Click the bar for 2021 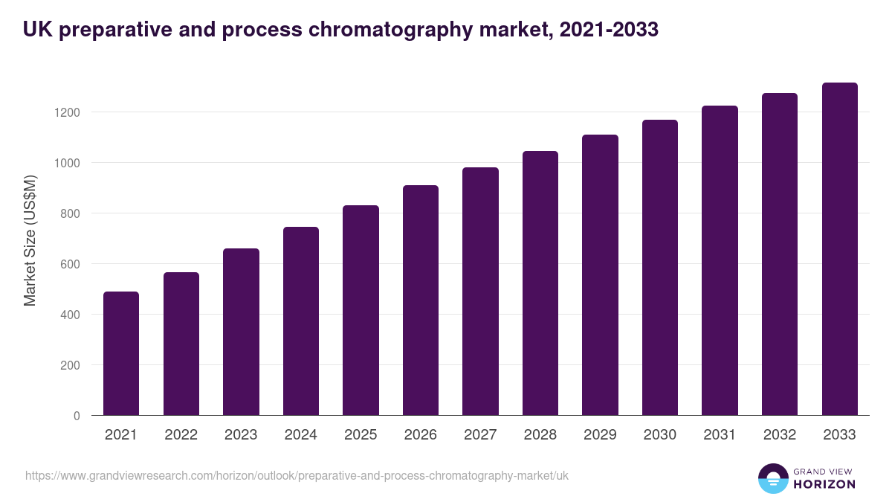121,353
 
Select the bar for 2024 301,321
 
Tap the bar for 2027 480,292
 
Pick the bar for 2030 660,268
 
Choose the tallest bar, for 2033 840,249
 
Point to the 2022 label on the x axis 181,435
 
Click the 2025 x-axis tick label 361,435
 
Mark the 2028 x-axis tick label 540,435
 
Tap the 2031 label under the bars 720,435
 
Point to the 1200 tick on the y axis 67,112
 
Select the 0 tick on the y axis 77,416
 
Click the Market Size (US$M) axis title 30,241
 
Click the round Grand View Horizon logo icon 773,478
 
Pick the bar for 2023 241,332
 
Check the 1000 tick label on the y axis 67,163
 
